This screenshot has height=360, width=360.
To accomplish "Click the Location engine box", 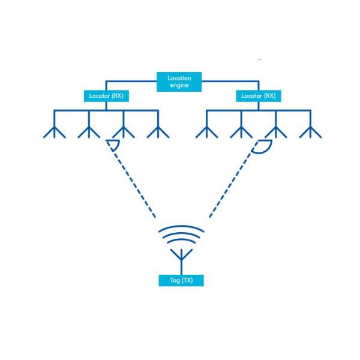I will (x=180, y=82).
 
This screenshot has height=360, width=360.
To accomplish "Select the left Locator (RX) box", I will (x=106, y=95).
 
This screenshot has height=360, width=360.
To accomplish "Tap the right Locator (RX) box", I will (x=259, y=95).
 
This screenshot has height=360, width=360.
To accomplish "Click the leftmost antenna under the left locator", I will (x=55, y=130).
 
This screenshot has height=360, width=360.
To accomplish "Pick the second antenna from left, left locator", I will (x=89, y=130).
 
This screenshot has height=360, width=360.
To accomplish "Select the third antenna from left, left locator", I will (x=124, y=130).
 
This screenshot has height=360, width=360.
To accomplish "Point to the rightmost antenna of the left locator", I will (x=158, y=130).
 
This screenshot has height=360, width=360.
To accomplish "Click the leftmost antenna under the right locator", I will (x=207, y=130).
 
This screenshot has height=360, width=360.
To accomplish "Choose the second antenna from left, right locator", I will (x=241, y=130).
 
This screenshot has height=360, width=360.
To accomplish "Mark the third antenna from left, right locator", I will (x=276, y=130).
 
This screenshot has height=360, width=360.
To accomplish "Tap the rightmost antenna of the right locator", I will (x=310, y=130).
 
